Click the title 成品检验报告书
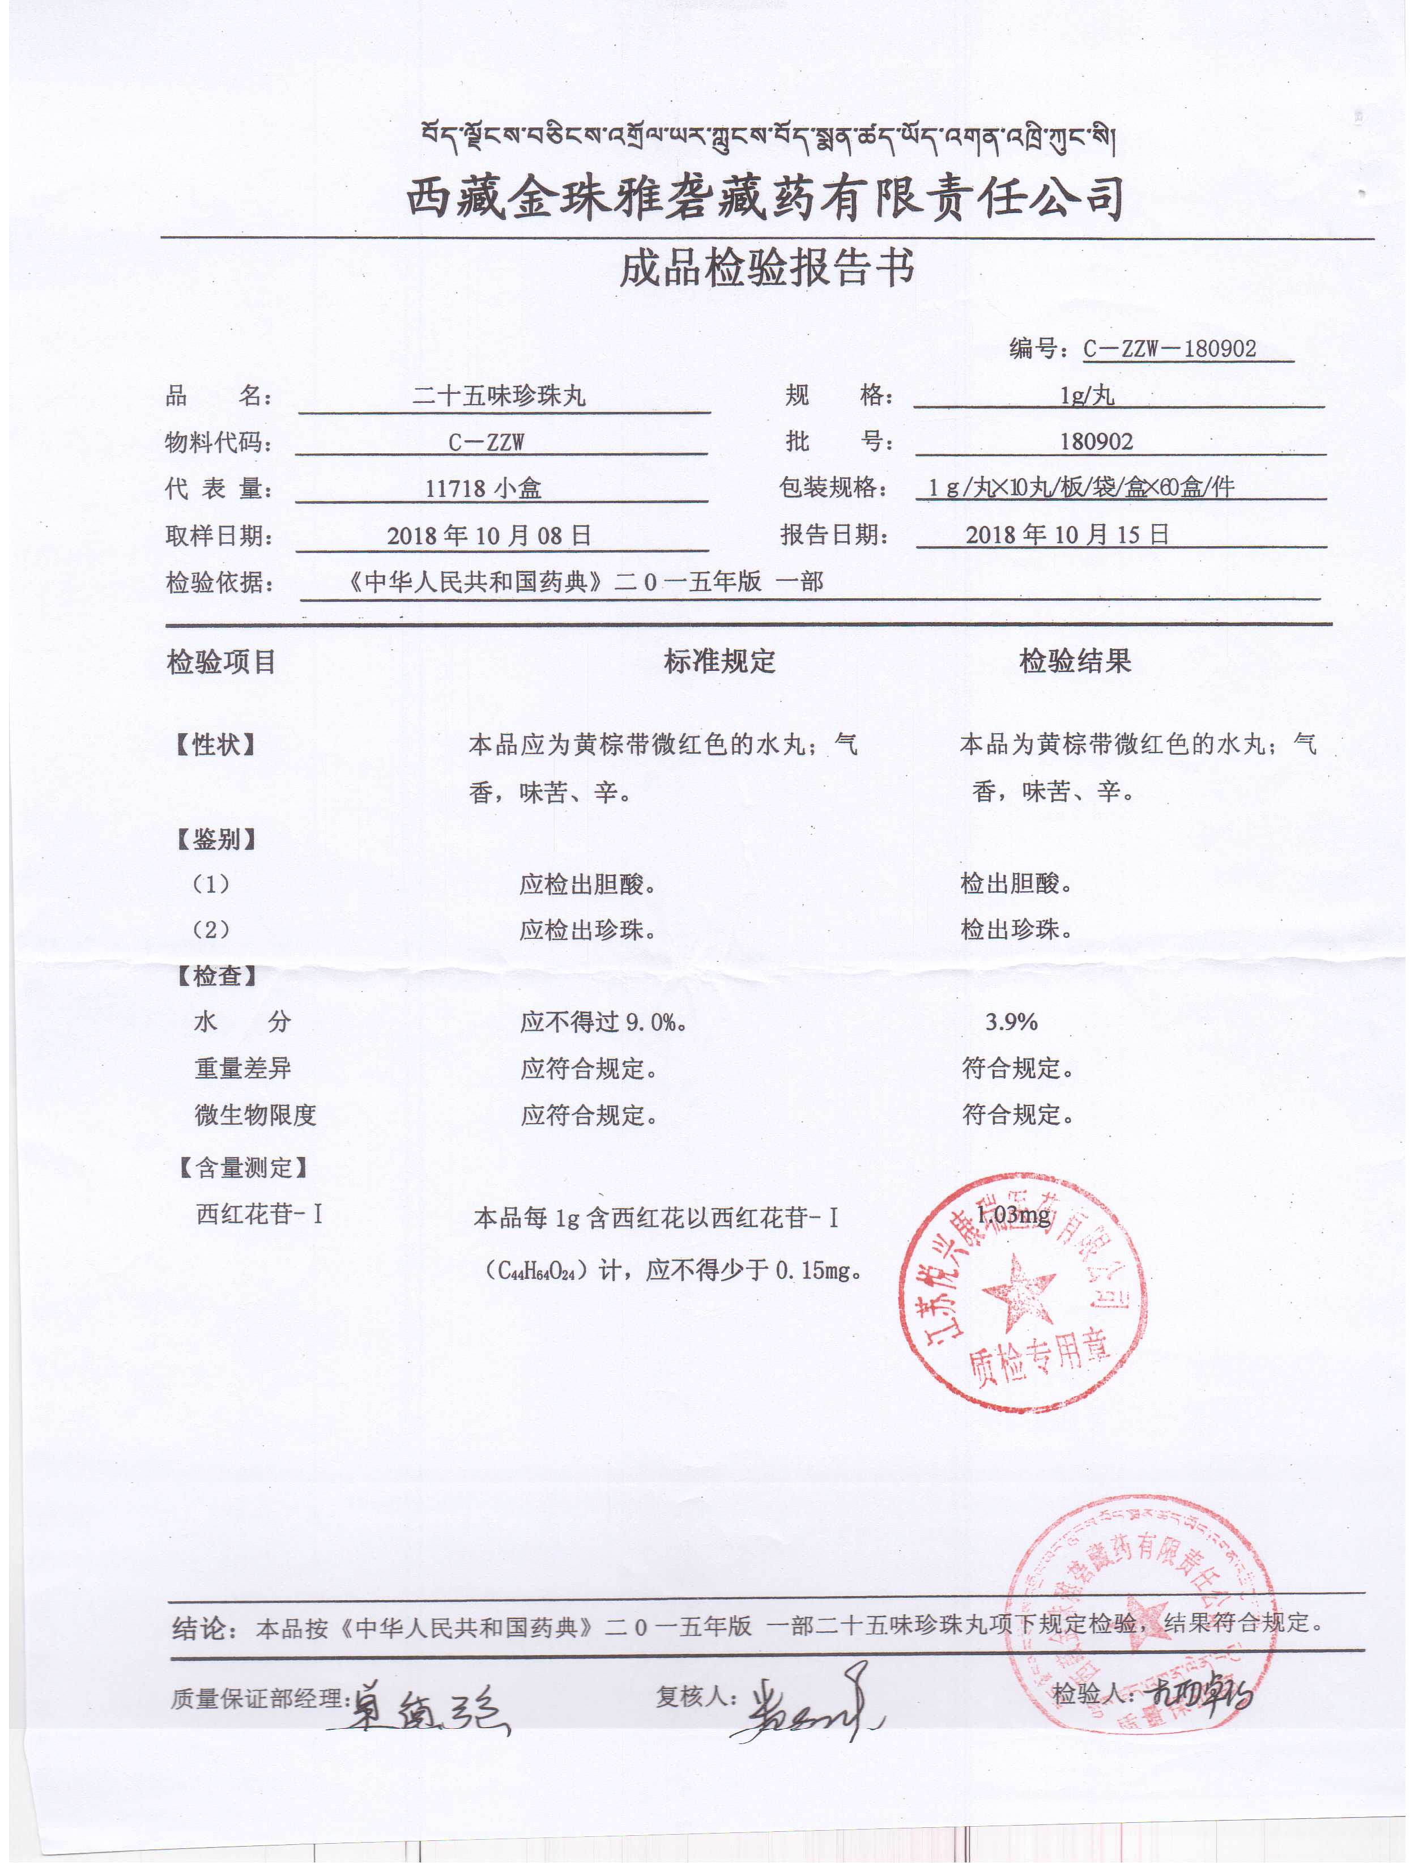[766, 269]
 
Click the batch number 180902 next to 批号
[1097, 441]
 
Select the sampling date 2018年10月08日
[488, 535]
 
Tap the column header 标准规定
[719, 662]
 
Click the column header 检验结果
[1075, 662]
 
